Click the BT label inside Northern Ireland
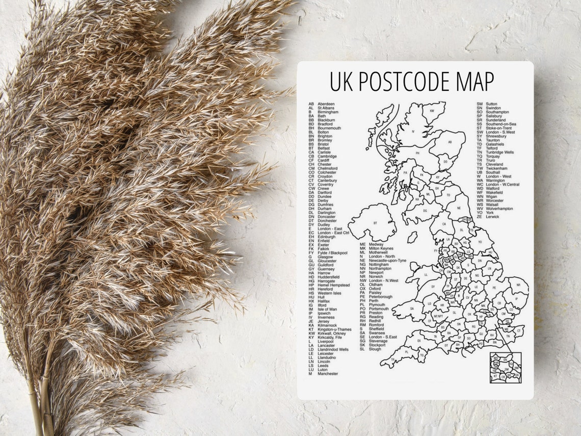coord(375,223)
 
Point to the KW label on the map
coord(432,111)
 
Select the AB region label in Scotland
coord(450,142)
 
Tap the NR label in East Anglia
coord(518,286)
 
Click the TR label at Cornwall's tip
coord(393,360)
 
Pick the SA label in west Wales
coord(411,309)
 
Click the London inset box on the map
coord(505,368)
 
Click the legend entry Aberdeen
coord(326,104)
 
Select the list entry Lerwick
coord(492,217)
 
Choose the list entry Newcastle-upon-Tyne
coord(387,261)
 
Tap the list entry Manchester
coord(328,374)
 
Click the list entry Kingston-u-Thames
coord(334,329)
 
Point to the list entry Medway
coord(377,244)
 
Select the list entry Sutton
coord(491,104)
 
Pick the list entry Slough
coord(375,349)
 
